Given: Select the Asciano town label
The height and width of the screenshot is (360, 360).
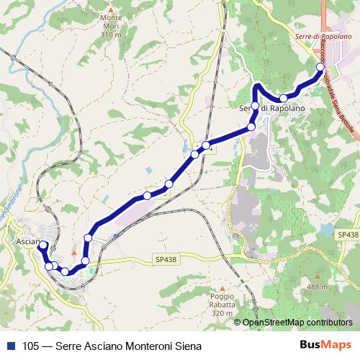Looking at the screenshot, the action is pos(29,242).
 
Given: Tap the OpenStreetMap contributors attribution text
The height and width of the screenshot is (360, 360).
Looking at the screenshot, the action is pos(297,323).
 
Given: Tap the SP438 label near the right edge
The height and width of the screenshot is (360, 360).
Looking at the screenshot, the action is pos(346,235).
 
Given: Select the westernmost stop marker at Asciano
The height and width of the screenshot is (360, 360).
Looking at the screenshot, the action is pos(42,246).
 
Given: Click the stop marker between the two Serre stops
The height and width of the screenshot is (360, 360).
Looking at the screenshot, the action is pos(284,98).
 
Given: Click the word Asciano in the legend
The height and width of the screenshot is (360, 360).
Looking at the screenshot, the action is pos(99,345).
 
